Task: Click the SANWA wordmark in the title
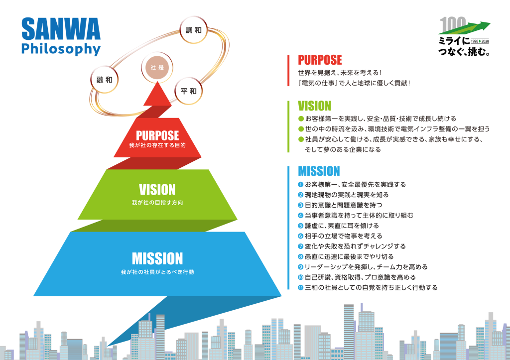(61, 29)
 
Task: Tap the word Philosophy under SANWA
(61, 50)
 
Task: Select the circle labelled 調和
(193, 30)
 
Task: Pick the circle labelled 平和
(189, 91)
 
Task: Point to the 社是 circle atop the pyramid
(157, 67)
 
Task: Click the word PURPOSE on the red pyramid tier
(157, 135)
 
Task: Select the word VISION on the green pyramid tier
(157, 190)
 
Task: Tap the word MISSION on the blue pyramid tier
(157, 258)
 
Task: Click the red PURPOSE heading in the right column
(320, 61)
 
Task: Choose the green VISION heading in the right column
(314, 106)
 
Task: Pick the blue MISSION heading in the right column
(319, 171)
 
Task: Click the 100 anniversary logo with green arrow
(464, 36)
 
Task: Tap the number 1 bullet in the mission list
(300, 185)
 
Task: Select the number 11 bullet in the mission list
(300, 288)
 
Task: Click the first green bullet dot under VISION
(300, 119)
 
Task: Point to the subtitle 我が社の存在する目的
(157, 146)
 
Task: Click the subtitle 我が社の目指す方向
(157, 203)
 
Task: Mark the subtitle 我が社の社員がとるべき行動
(157, 272)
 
